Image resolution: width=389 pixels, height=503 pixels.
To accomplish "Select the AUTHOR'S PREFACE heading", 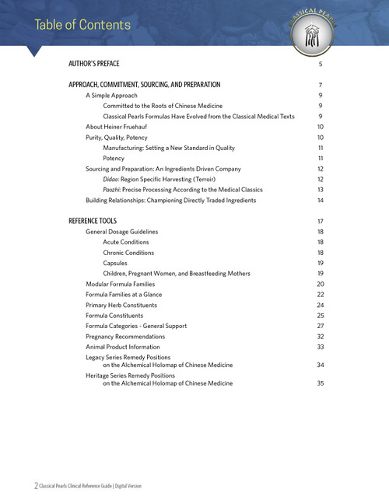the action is (x=93, y=63).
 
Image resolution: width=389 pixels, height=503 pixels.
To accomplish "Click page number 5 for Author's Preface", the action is (x=320, y=63).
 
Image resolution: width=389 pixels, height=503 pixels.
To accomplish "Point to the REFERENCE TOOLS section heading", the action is (x=93, y=221).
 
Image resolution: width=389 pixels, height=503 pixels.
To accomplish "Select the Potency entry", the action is (x=114, y=158).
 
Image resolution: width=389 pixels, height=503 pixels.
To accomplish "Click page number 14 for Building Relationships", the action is (x=320, y=201).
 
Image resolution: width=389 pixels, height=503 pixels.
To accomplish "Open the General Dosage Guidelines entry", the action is (x=122, y=232).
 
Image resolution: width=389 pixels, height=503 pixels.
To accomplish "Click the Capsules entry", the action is (x=117, y=264).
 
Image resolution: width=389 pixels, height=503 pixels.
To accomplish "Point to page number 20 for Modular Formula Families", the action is (x=320, y=285).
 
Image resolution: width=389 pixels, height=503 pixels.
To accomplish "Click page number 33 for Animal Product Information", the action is (x=320, y=347).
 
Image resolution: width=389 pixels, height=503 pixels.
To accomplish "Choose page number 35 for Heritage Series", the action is (x=320, y=383).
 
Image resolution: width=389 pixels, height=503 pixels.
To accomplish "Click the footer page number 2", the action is (x=35, y=485).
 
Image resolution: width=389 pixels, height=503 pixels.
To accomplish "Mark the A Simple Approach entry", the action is (x=111, y=95).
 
